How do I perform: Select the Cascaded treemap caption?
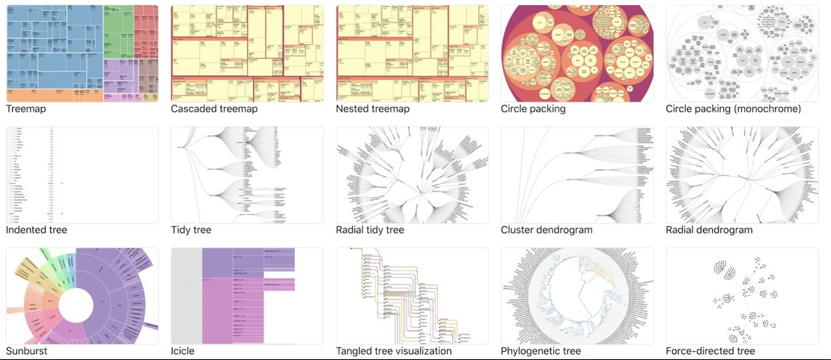pyautogui.click(x=214, y=109)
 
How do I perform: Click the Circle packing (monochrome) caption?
pyautogui.click(x=733, y=109)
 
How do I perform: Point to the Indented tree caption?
pyautogui.click(x=37, y=230)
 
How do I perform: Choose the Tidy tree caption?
pyautogui.click(x=191, y=230)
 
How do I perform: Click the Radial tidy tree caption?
pyautogui.click(x=370, y=230)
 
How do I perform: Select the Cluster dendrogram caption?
pyautogui.click(x=547, y=230)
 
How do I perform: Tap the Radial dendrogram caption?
pyautogui.click(x=709, y=230)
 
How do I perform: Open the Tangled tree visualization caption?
pyautogui.click(x=394, y=351)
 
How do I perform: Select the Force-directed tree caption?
pyautogui.click(x=710, y=351)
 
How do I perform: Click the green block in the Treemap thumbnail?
pyautogui.click(x=118, y=30)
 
